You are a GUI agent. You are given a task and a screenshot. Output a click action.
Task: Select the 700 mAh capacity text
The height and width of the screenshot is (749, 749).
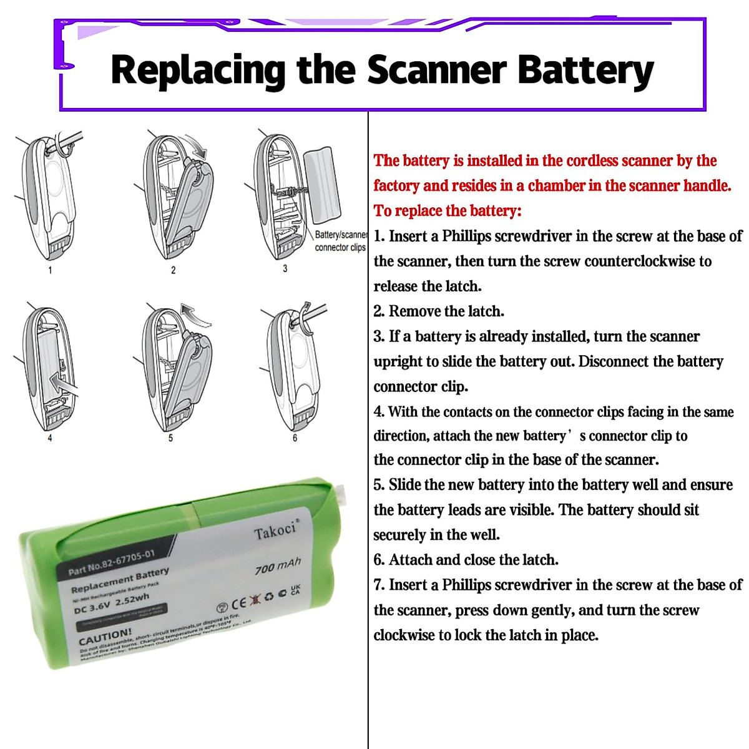click(278, 566)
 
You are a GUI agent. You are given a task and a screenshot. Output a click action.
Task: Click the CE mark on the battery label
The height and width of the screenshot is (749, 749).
click(238, 604)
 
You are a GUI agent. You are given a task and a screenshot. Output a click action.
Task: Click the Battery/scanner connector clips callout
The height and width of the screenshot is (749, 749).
click(340, 241)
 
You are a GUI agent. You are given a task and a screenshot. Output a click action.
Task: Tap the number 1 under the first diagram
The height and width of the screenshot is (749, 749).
click(50, 270)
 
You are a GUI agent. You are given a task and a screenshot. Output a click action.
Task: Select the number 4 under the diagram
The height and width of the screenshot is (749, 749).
click(50, 438)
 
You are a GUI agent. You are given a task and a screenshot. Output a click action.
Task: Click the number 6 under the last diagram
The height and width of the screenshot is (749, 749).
click(295, 438)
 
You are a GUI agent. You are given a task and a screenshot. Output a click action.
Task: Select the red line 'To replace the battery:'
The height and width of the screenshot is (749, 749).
click(447, 211)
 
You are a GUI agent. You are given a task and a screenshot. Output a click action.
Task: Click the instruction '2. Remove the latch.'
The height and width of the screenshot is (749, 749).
click(439, 311)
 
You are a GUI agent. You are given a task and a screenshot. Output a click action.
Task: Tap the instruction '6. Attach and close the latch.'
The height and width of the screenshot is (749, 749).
click(466, 560)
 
